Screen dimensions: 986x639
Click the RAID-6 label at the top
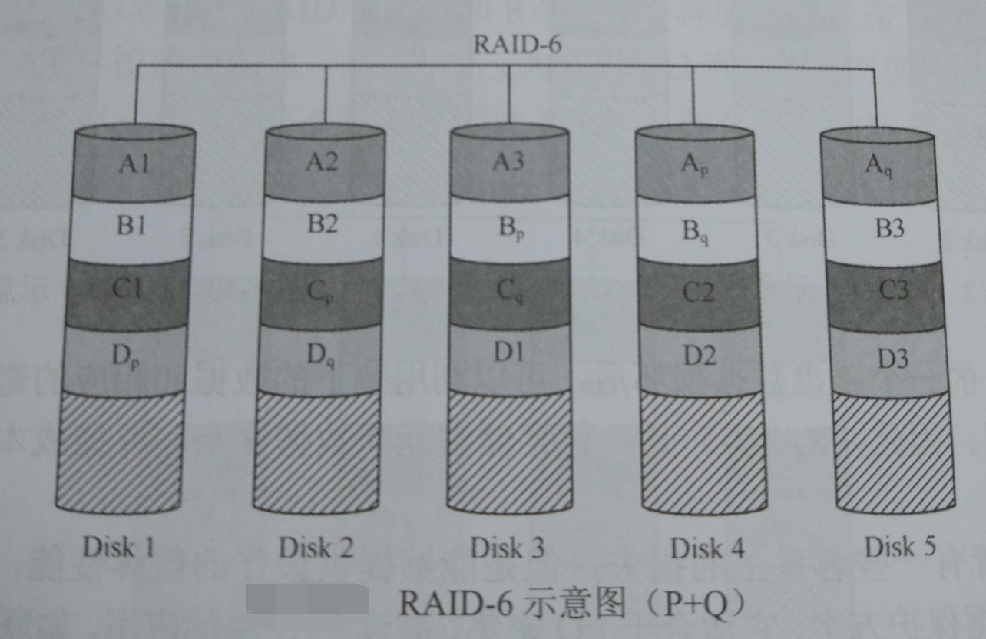tap(516, 45)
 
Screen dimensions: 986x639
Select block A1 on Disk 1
tap(134, 164)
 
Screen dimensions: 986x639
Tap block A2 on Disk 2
tap(323, 163)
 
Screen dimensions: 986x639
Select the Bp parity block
tap(509, 229)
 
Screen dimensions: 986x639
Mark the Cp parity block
tap(321, 293)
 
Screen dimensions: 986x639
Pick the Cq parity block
tap(509, 293)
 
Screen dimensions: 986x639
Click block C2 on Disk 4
tap(697, 293)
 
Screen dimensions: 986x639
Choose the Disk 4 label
tap(707, 548)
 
